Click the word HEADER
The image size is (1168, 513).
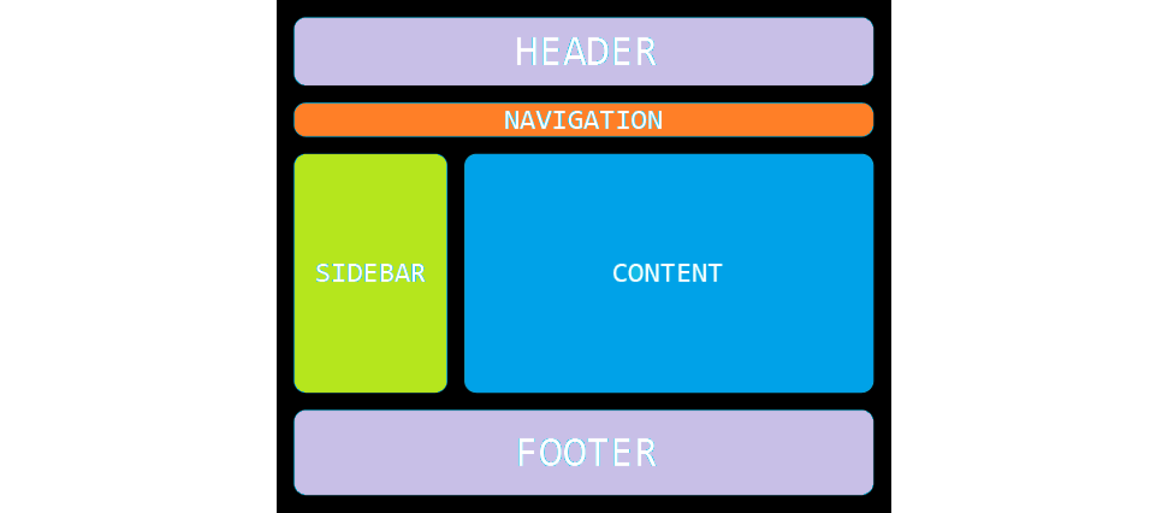(x=585, y=52)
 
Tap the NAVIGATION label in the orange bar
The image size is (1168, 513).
(x=583, y=120)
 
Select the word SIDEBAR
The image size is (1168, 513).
(x=370, y=273)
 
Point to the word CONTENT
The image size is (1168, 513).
(x=667, y=273)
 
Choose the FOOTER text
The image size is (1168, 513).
(x=586, y=453)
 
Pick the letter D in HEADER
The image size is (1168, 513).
(x=598, y=52)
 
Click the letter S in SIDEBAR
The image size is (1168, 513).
(x=323, y=273)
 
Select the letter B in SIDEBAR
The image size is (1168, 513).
(x=385, y=273)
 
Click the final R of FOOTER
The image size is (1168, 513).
(x=645, y=453)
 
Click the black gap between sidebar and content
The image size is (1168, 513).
(x=455, y=273)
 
